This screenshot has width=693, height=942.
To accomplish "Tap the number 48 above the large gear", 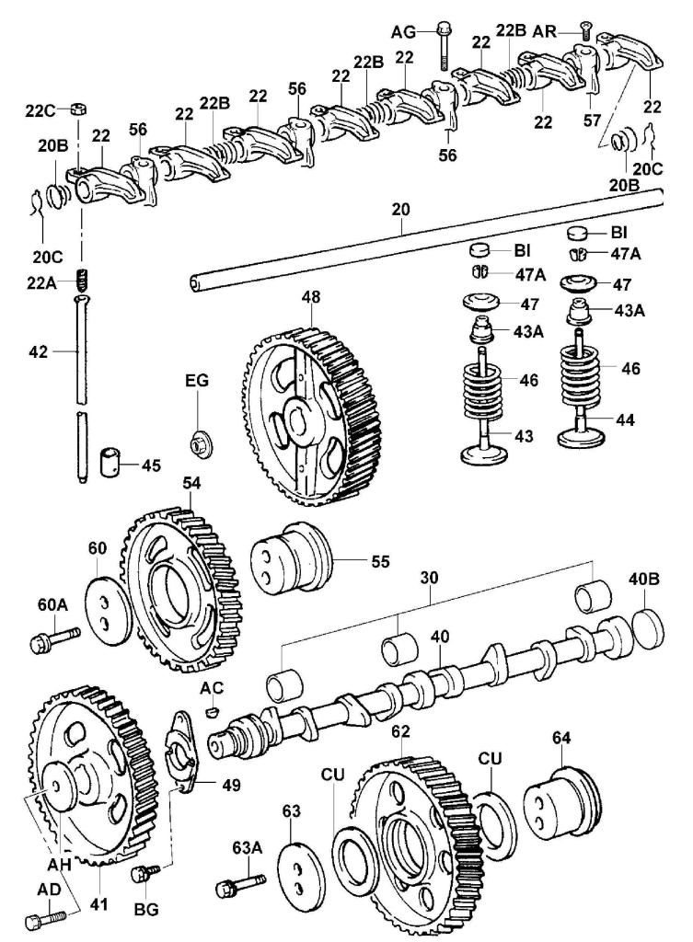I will click(313, 298).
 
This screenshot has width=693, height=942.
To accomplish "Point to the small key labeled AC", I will click(212, 711).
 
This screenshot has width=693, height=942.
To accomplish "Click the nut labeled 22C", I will click(78, 109).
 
